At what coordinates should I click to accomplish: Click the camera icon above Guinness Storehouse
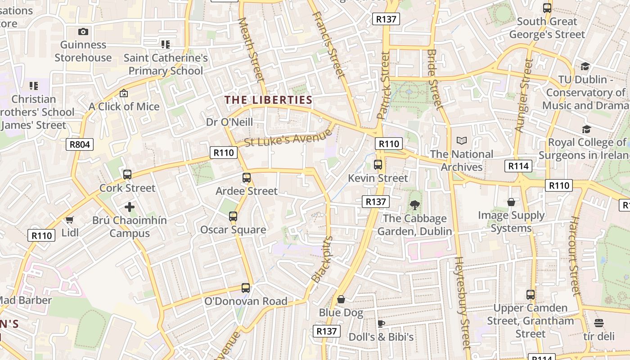coord(83,31)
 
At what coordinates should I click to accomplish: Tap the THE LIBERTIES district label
coord(268,100)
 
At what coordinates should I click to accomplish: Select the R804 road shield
coord(80,144)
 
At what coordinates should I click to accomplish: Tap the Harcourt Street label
coord(575,255)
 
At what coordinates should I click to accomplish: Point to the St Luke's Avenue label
coord(288,138)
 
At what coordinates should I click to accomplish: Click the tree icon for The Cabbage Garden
coord(414,205)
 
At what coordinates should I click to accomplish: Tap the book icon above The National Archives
coord(462,141)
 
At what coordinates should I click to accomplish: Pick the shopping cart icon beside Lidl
coord(69,220)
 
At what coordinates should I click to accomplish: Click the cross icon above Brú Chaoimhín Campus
coord(130,207)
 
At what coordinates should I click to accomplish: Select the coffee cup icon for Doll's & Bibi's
coord(381,324)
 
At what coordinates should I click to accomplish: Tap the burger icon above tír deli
coord(598,323)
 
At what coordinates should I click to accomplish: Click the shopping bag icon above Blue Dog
coord(341,299)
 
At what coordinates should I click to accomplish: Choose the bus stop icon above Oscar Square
coord(233,216)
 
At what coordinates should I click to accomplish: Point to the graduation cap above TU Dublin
coord(585,66)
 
